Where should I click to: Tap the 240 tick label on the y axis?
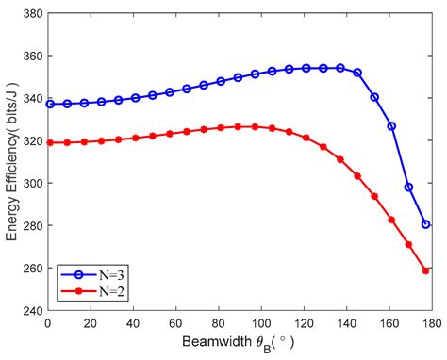(34, 310)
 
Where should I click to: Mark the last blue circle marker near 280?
(426, 224)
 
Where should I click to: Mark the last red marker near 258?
(426, 270)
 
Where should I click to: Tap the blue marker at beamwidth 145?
(357, 73)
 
